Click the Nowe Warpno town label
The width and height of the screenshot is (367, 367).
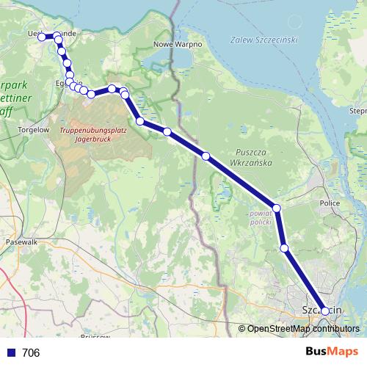pyautogui.click(x=173, y=44)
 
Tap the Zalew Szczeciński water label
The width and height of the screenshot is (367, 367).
pyautogui.click(x=262, y=39)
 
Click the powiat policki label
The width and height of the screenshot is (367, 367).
pyautogui.click(x=262, y=216)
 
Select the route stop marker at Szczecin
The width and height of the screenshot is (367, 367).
pyautogui.click(x=325, y=311)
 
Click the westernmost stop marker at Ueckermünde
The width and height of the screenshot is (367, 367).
pyautogui.click(x=42, y=36)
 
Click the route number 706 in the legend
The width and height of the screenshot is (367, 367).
pyautogui.click(x=31, y=353)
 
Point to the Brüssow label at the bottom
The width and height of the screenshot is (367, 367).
pyautogui.click(x=95, y=336)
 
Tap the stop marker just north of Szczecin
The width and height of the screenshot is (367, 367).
pyautogui.click(x=284, y=249)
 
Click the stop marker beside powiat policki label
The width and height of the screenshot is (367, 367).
pyautogui.click(x=277, y=208)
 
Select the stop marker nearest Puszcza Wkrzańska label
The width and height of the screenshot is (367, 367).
pyautogui.click(x=206, y=156)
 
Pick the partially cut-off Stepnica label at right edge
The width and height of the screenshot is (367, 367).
pyautogui.click(x=358, y=111)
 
